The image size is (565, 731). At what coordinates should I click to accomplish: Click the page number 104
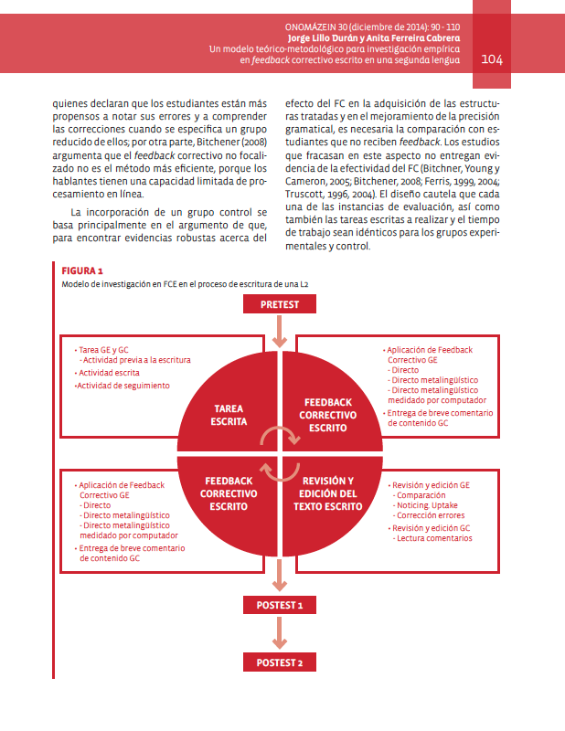pyautogui.click(x=492, y=59)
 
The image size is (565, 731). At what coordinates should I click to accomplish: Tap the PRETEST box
pyautogui.click(x=280, y=304)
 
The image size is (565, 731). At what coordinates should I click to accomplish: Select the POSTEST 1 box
pyautogui.click(x=280, y=605)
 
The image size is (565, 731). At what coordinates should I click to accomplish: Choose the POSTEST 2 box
pyautogui.click(x=280, y=662)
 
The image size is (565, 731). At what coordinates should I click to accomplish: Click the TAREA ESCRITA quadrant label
pyautogui.click(x=229, y=415)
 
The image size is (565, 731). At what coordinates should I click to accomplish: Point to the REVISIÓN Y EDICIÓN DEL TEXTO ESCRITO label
pyautogui.click(x=328, y=493)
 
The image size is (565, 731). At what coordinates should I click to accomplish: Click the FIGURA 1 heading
pyautogui.click(x=82, y=271)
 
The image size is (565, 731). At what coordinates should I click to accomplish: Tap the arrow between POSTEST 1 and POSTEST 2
pyautogui.click(x=280, y=633)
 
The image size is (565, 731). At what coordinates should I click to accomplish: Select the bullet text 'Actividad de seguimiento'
pyautogui.click(x=123, y=386)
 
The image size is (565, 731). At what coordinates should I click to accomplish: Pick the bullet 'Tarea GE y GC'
pyautogui.click(x=104, y=349)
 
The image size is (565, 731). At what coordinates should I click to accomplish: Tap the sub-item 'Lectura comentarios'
pyautogui.click(x=433, y=538)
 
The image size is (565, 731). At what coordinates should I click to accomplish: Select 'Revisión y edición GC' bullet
pyautogui.click(x=431, y=528)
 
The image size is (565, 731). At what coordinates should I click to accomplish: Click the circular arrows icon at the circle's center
pyautogui.click(x=280, y=452)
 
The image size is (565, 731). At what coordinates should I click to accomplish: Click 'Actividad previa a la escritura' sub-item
pyautogui.click(x=136, y=360)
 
